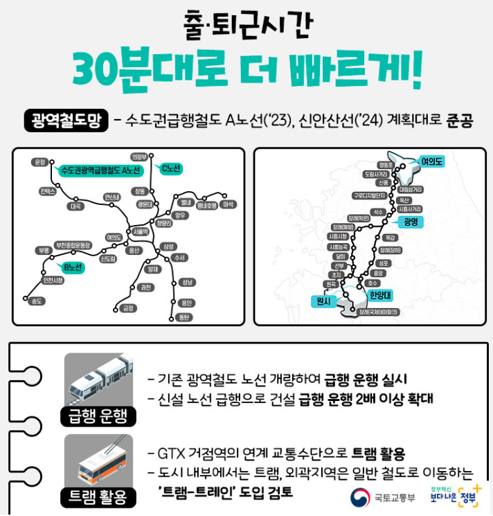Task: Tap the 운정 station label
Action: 39,161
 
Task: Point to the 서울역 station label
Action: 140,231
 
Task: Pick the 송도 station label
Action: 32,301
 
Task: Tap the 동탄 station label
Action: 183,317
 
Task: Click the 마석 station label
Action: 230,204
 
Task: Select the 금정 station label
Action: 127,308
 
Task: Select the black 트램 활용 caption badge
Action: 98,497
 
